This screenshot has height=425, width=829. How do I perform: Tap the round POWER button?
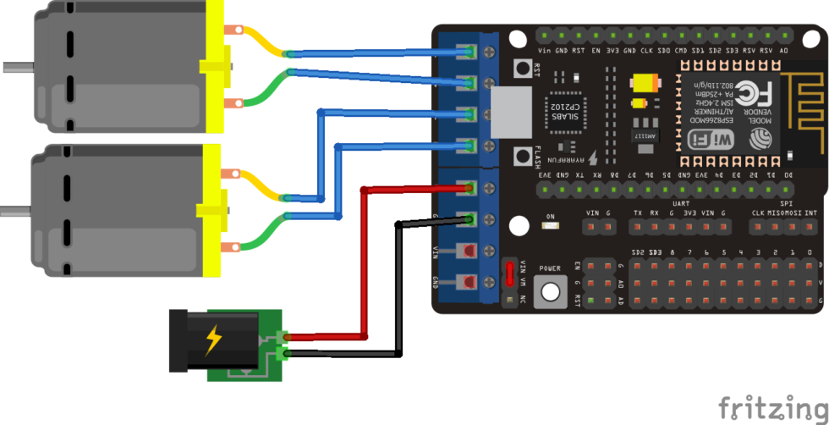551,291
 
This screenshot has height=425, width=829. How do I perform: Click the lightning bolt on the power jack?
213,340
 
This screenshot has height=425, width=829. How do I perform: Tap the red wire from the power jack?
364,262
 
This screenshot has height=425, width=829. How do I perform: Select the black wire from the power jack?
400,288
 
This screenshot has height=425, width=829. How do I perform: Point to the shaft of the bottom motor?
15,209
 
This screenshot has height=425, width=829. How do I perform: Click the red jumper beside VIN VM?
509,273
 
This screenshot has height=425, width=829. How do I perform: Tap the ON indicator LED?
551,227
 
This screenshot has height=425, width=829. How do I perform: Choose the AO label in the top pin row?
784,50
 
